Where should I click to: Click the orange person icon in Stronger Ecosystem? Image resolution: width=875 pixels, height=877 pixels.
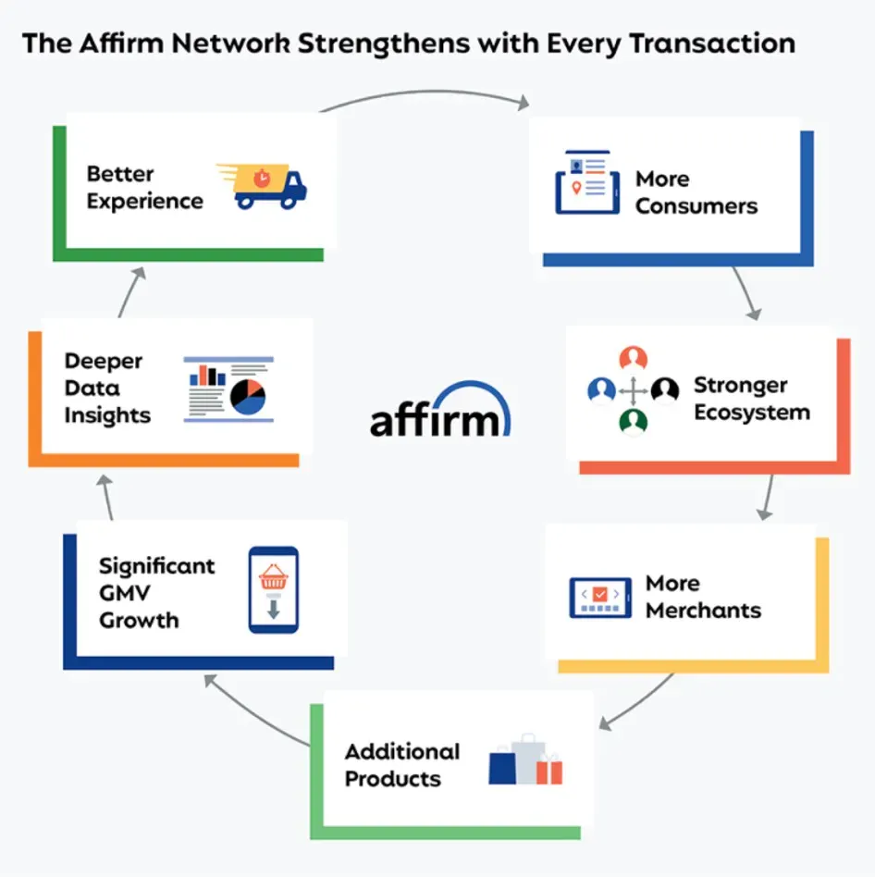(x=634, y=359)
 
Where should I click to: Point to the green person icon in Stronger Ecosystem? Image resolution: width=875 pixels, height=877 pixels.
(x=634, y=422)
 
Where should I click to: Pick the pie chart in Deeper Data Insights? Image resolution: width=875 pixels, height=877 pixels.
(x=248, y=397)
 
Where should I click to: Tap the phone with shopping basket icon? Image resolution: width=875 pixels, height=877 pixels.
(x=273, y=589)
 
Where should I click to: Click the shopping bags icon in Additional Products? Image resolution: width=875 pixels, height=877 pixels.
(x=524, y=760)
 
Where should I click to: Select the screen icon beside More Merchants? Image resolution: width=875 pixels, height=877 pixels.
(x=600, y=597)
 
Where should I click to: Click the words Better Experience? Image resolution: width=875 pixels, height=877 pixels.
(x=144, y=187)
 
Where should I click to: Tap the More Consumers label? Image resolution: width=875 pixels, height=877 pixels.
(x=696, y=191)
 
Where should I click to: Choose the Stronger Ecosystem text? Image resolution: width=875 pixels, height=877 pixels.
(x=751, y=398)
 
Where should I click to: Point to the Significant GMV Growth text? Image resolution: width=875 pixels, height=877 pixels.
(x=156, y=592)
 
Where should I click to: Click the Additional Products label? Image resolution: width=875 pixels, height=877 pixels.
(x=401, y=764)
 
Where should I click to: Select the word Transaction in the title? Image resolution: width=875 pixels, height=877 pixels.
(x=715, y=43)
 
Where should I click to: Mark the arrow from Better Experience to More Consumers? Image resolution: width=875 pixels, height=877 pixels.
(x=425, y=93)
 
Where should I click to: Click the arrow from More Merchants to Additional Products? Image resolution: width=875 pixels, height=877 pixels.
(x=640, y=702)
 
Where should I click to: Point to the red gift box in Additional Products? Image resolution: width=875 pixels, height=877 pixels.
(x=548, y=770)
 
